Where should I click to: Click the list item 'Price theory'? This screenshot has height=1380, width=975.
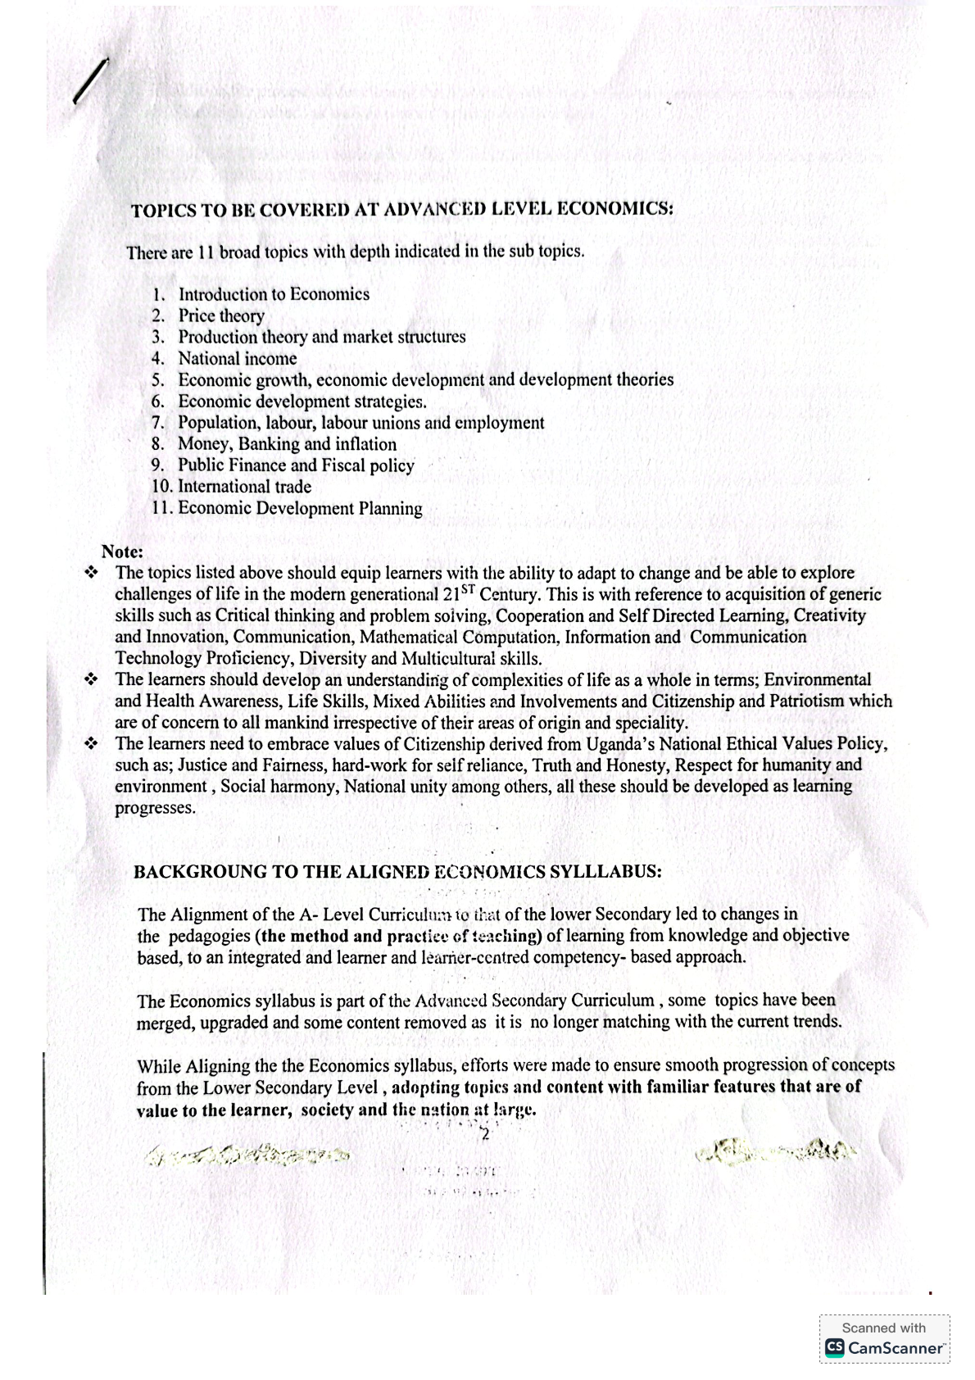coord(221,316)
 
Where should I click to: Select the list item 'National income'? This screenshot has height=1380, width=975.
coord(238,359)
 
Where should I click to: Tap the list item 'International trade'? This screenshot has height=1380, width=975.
coord(244,487)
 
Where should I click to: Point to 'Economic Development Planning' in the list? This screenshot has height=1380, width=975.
coord(300,509)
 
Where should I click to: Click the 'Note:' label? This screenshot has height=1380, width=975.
coord(122,552)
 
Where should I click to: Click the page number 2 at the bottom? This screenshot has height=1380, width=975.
coord(485,1135)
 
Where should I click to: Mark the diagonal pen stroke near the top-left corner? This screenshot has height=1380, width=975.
coord(91,81)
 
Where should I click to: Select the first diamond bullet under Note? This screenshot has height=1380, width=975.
coord(92,573)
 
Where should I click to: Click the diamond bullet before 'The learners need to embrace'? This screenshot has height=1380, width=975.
coord(92,744)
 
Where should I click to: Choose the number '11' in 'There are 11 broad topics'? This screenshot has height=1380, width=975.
coord(205,252)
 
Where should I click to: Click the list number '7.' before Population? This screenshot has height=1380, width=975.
coord(159,423)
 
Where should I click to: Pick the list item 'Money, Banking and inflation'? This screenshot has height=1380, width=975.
coord(287,444)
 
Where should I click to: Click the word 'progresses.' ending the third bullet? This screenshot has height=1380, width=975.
coord(155,808)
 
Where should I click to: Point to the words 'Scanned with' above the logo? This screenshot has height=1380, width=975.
coord(884,1328)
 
